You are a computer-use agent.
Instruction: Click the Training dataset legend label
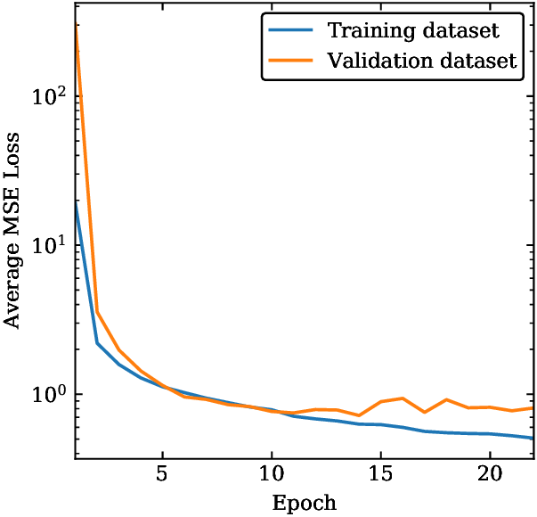pos(412,31)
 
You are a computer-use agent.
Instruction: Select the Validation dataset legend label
pos(421,62)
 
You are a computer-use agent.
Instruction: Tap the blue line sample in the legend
pos(291,31)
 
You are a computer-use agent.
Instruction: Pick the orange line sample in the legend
pos(291,62)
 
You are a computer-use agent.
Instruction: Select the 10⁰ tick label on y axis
pos(51,394)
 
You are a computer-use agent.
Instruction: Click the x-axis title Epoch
pos(305,503)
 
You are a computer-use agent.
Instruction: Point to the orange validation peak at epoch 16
pos(403,398)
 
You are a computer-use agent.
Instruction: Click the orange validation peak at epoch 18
pos(446,399)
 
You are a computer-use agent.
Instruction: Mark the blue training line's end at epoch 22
pos(533,439)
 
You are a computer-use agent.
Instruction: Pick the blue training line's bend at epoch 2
pos(97,343)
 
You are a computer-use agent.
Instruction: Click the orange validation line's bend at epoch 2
pos(97,312)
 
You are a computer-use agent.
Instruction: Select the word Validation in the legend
pos(378,62)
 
